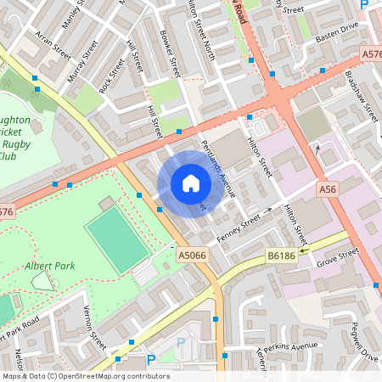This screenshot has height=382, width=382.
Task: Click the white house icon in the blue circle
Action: coord(190,183)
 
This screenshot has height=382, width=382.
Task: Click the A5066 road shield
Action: coord(192,253)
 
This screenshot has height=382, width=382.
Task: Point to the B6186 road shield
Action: coord(282,255)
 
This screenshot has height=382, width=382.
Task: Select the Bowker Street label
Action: coord(171,53)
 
